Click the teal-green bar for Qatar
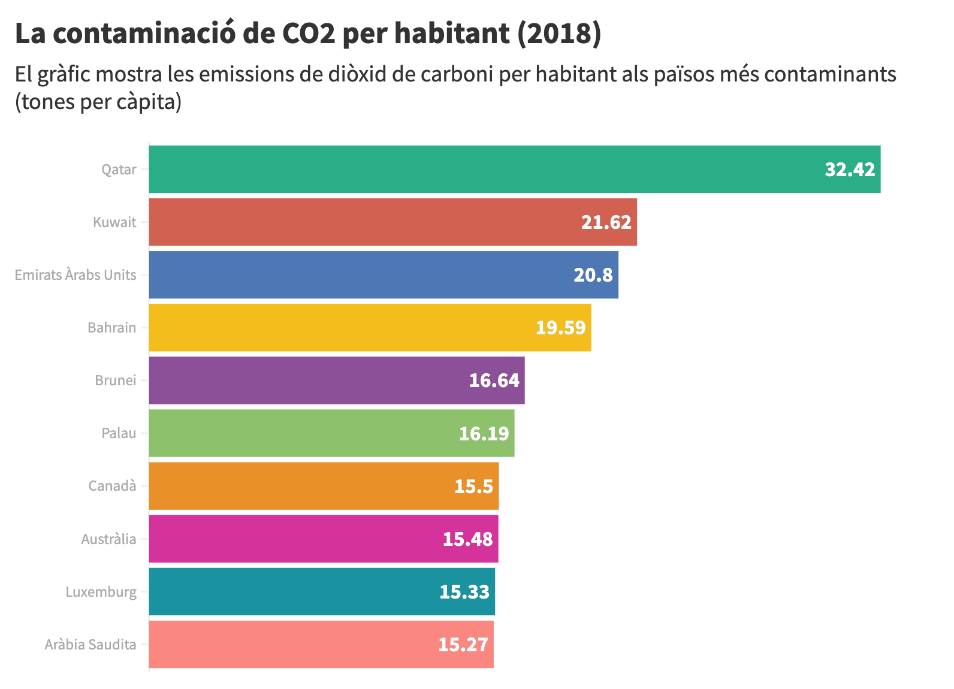pyautogui.click(x=479, y=169)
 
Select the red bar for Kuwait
pyautogui.click(x=360, y=222)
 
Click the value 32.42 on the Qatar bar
pyautogui.click(x=850, y=170)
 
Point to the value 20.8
pyautogui.click(x=593, y=275)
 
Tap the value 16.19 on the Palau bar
pyautogui.click(x=484, y=433)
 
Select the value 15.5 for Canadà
pyautogui.click(x=473, y=486)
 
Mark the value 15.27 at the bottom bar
pyautogui.click(x=463, y=645)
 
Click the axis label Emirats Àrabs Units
pyautogui.click(x=76, y=275)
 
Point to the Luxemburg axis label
pyautogui.click(x=101, y=592)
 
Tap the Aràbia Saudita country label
pyautogui.click(x=90, y=645)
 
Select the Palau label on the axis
pyautogui.click(x=119, y=433)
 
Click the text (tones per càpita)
pyautogui.click(x=98, y=102)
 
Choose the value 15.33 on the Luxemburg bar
pyautogui.click(x=464, y=592)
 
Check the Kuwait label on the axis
pyautogui.click(x=114, y=222)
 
